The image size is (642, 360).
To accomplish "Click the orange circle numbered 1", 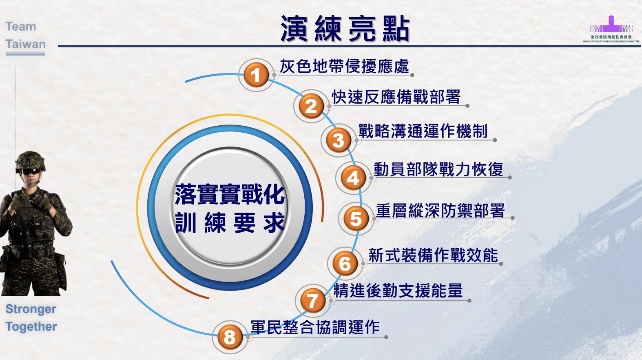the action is tap(256, 75).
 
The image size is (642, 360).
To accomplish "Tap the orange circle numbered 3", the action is tap(339, 140).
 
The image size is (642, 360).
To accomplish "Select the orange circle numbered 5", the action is tap(356, 219).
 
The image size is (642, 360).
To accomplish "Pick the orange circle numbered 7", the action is tap(313, 301).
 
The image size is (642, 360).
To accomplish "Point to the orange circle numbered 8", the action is tap(230, 337).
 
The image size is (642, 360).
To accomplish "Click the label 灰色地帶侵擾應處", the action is tap(344, 66).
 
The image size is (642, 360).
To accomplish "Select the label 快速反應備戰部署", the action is tap(396, 97).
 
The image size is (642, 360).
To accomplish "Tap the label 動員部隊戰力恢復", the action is tap(438, 169).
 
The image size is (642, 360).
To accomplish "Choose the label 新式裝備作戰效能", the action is tap(433, 255).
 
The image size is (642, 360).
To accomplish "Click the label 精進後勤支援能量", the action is tap(398, 290).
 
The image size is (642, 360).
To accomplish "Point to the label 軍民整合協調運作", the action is tap(315, 327).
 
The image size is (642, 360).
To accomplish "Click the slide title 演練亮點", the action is tap(345, 29).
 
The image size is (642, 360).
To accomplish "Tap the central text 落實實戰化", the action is tap(230, 194).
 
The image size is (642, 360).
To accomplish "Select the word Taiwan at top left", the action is tap(26, 44).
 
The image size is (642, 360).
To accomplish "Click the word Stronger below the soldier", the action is tap(31, 309).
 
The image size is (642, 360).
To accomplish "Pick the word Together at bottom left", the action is tap(31, 327).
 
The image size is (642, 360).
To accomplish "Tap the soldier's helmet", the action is tap(30, 161).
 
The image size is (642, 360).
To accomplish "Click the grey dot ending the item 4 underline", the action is tap(509, 178).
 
